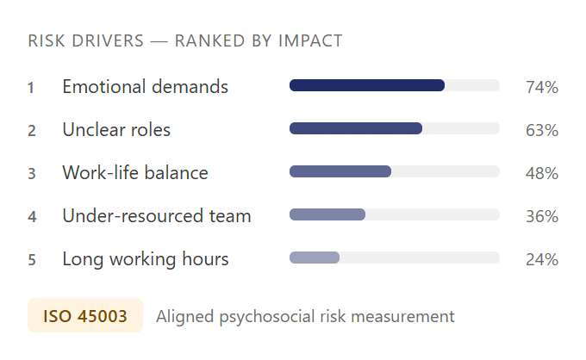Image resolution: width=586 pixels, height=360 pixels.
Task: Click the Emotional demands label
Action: click(x=145, y=87)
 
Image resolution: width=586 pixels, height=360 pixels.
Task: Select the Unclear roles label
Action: click(x=116, y=130)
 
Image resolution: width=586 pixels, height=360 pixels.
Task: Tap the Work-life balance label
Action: click(x=135, y=173)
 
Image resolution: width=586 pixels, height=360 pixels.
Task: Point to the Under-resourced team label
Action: click(x=157, y=216)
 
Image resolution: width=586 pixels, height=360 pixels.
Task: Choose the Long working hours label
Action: click(x=146, y=259)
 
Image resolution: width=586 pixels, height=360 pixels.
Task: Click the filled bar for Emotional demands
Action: click(x=367, y=85)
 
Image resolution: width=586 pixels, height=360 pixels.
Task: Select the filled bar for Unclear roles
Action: click(x=356, y=128)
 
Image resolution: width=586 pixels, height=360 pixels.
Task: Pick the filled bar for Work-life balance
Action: click(x=340, y=171)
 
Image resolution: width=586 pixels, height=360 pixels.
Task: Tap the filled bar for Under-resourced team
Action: click(x=327, y=214)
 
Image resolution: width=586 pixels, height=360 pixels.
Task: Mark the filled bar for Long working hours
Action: click(x=315, y=258)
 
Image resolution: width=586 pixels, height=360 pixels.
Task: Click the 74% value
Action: click(x=542, y=87)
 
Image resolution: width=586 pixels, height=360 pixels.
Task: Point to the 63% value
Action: click(x=542, y=130)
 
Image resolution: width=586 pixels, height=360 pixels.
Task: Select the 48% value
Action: click(x=542, y=173)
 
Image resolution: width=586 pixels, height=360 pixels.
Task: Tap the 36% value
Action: click(x=542, y=216)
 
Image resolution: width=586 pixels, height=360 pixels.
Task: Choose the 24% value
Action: click(x=542, y=259)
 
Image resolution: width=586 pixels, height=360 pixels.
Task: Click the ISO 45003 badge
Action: click(x=85, y=316)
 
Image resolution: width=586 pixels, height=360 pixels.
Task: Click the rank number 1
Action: click(x=31, y=87)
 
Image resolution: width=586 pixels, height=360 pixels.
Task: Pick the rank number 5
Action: click(x=31, y=259)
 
